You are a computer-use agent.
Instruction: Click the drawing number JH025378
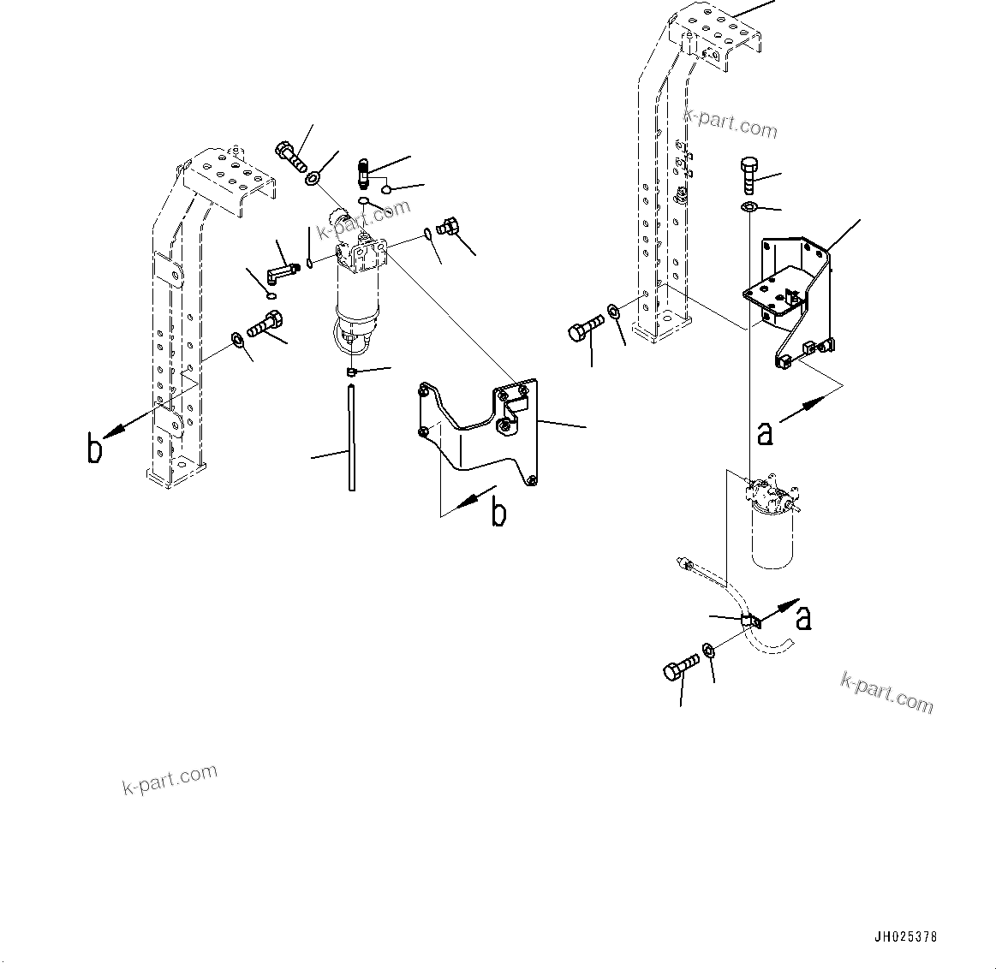905,936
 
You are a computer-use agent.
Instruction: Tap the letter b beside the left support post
95,449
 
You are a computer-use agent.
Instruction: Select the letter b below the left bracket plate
498,513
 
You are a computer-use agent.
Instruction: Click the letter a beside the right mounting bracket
765,433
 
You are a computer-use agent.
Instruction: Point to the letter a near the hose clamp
803,617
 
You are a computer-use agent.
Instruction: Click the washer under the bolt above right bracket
747,208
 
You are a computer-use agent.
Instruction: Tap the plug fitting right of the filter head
449,228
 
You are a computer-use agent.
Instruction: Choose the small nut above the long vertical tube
350,372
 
